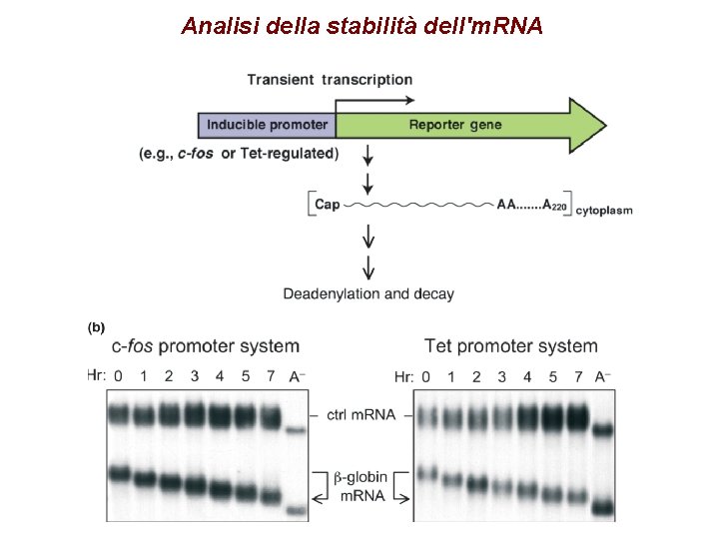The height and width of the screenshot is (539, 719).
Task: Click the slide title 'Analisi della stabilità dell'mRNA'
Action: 361,26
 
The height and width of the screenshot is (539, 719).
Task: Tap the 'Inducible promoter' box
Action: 267,125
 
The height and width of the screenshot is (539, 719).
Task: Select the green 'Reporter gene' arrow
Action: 469,125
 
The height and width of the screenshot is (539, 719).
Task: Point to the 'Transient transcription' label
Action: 330,80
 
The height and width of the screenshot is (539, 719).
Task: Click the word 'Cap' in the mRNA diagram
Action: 327,205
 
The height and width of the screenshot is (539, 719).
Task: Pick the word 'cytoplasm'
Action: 604,210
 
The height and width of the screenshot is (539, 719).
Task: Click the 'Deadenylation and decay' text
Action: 368,293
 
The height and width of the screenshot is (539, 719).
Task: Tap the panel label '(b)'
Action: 96,326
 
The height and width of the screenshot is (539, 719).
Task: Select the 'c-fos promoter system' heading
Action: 206,346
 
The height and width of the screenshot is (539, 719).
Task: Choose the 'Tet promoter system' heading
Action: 511,346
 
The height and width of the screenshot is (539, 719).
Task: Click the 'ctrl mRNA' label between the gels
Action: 360,414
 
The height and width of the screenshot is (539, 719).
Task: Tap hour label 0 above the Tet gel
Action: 426,376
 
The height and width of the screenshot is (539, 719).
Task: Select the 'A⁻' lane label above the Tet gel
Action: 602,376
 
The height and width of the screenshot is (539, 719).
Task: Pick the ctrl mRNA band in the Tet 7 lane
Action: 577,415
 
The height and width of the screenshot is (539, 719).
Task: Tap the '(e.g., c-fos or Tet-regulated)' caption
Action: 240,154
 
